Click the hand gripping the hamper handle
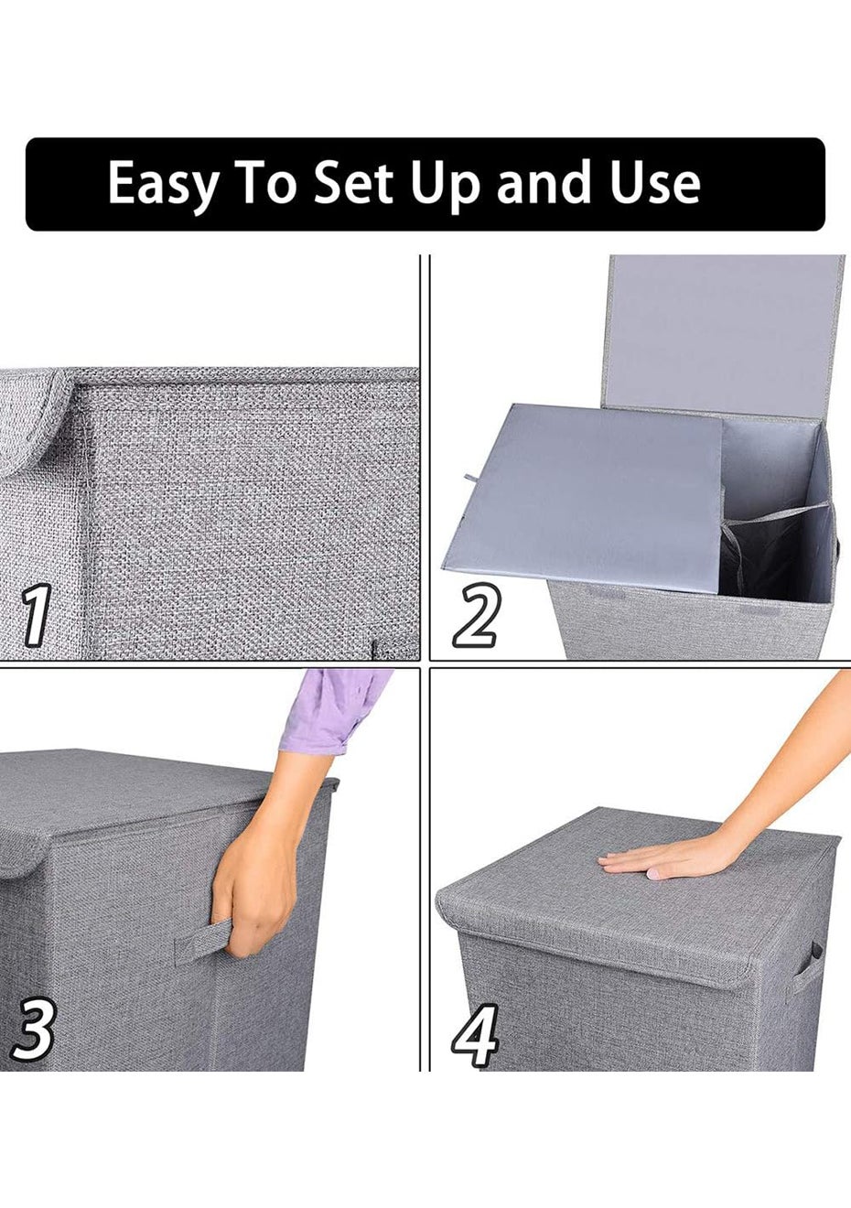(253, 884)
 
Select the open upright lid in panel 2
(726, 340)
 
